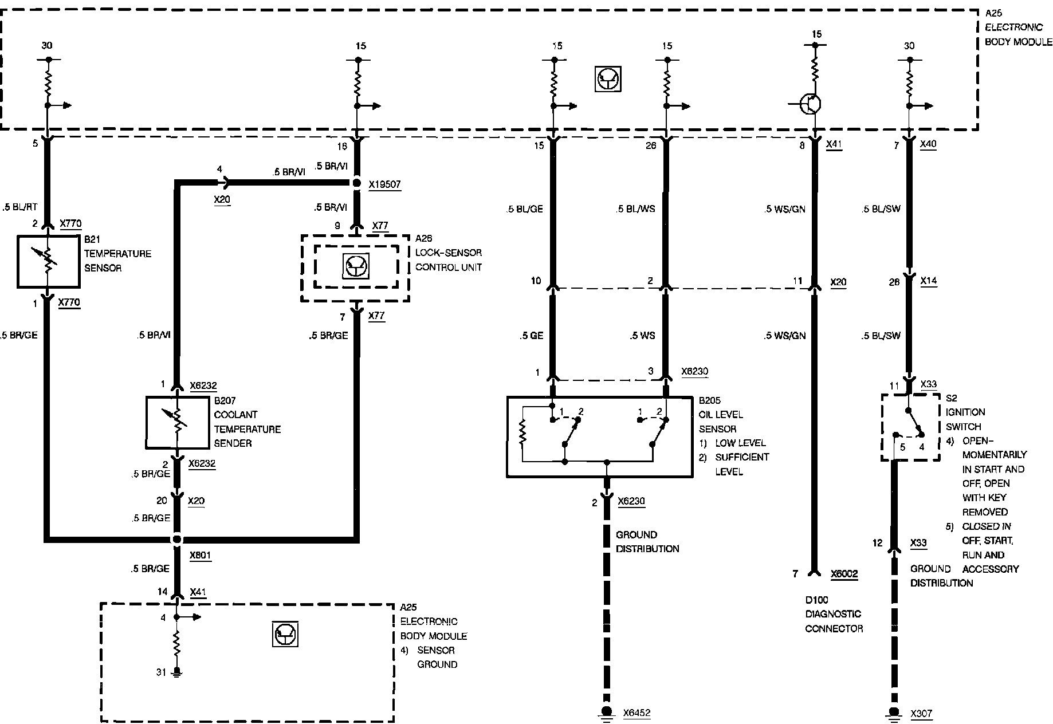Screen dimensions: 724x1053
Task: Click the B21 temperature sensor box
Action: [48, 261]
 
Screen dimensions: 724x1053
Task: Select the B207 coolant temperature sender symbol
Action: [177, 422]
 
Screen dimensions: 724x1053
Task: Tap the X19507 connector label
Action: [384, 184]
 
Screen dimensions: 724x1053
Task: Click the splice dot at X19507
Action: [356, 183]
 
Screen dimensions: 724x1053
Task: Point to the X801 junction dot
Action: [177, 539]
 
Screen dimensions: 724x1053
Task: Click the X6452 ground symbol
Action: [606, 712]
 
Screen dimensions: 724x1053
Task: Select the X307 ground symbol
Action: [893, 712]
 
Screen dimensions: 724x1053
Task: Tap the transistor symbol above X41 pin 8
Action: [811, 104]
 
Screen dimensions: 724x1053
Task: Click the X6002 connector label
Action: [844, 573]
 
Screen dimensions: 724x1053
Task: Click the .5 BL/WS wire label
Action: [635, 209]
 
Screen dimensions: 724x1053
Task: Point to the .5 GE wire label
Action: [532, 336]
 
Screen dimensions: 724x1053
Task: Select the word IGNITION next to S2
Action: [965, 412]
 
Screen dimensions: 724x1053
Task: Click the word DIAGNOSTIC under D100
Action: [833, 614]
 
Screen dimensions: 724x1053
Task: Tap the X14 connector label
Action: [928, 281]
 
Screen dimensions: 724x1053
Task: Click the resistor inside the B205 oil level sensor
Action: [522, 433]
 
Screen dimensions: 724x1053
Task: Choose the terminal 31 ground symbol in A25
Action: [177, 672]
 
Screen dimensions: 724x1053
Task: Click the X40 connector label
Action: [928, 145]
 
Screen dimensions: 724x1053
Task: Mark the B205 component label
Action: [709, 400]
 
